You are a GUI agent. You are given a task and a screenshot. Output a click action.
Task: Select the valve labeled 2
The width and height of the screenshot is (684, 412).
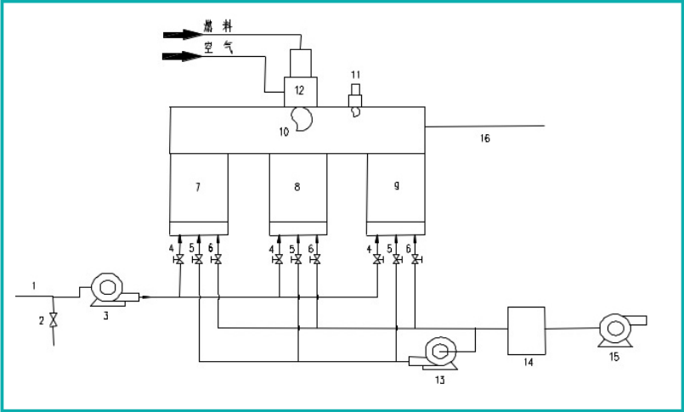tap(54, 320)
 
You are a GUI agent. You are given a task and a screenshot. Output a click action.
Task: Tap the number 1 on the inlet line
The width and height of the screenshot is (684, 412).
tap(34, 286)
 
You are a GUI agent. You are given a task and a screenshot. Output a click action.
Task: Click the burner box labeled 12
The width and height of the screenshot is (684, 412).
tap(299, 90)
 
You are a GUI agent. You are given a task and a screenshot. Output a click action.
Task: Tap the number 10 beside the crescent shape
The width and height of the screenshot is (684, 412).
tap(283, 131)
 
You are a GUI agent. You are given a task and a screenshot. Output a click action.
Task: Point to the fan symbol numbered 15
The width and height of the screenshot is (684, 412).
tap(615, 328)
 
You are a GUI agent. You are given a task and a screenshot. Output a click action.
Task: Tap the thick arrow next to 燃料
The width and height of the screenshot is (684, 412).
tap(180, 35)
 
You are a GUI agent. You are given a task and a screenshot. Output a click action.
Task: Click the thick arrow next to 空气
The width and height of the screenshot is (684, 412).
tap(180, 57)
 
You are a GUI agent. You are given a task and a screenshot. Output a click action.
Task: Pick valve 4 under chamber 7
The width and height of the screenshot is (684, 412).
tap(179, 260)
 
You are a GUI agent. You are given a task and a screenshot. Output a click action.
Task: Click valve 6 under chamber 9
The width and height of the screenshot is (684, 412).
tap(415, 260)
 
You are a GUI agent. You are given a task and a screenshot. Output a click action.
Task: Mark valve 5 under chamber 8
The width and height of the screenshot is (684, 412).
tap(297, 260)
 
